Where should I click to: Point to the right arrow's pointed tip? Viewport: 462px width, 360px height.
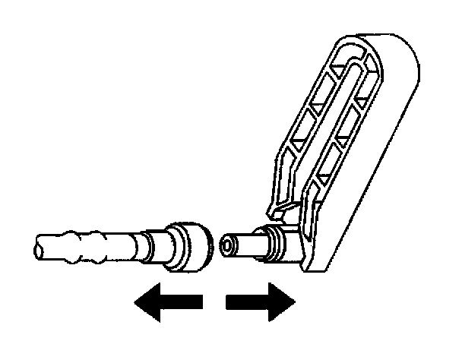293,303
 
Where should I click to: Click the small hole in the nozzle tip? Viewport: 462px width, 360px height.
225,245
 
